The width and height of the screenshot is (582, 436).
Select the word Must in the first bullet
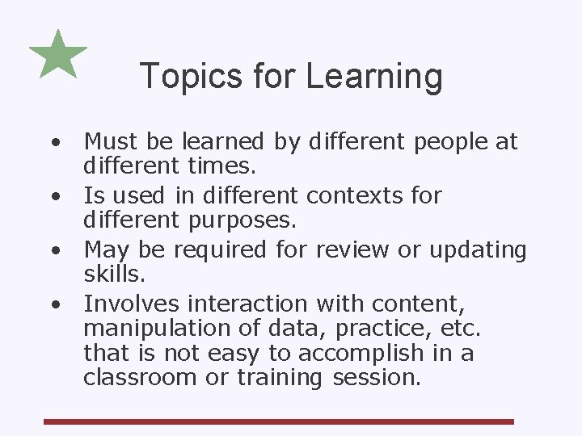(x=110, y=142)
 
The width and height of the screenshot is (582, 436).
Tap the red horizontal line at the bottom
(x=279, y=421)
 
